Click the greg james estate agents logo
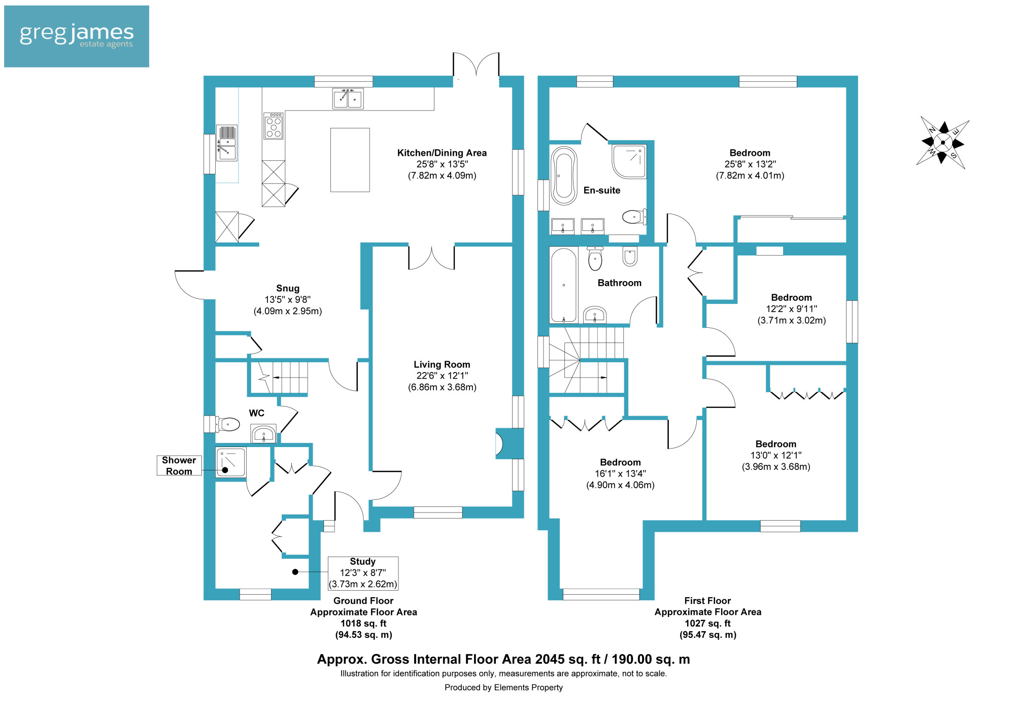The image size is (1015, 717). point(77,36)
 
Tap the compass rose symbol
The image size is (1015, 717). point(943,143)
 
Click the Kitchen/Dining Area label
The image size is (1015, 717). point(442,153)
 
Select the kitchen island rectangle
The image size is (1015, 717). point(350,160)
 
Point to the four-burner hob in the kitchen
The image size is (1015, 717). point(274,126)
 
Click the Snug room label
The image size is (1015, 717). point(288,288)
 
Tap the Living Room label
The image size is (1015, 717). point(442,364)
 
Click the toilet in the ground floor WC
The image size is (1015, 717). point(228,424)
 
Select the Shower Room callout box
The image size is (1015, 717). point(179,465)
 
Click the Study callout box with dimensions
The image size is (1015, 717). point(363,573)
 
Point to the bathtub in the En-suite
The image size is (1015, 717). point(564,176)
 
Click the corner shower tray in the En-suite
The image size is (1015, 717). point(629,161)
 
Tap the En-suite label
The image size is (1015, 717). point(602,190)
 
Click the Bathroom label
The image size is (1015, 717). point(620,283)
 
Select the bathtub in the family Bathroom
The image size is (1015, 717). point(564,285)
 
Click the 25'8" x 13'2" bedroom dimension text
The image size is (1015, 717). point(750,164)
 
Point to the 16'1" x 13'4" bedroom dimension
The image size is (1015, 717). point(620,473)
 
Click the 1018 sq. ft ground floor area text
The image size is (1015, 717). point(363,623)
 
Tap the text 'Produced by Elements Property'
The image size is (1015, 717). point(503,688)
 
